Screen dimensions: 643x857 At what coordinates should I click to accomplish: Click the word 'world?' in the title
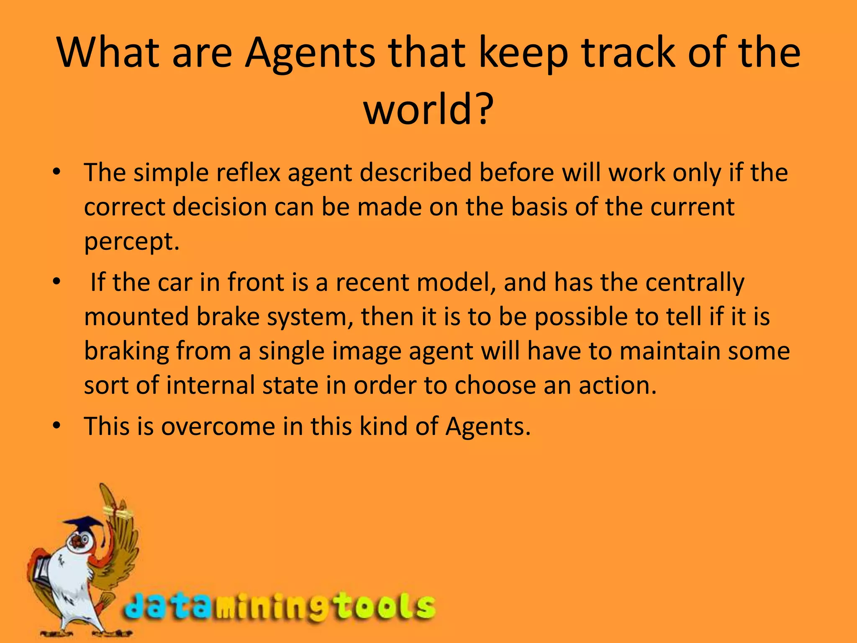coord(428,109)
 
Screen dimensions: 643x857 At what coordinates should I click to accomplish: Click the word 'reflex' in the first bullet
coord(248,172)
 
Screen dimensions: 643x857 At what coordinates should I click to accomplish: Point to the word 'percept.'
coord(132,242)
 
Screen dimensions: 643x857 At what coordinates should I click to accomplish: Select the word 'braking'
coord(126,351)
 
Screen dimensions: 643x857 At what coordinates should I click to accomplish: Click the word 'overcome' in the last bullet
coord(218,427)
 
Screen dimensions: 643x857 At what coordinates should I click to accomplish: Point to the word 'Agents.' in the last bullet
coord(488,427)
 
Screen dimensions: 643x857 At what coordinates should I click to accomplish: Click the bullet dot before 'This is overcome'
coord(57,426)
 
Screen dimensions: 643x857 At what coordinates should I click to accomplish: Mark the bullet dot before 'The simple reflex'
coord(57,172)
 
